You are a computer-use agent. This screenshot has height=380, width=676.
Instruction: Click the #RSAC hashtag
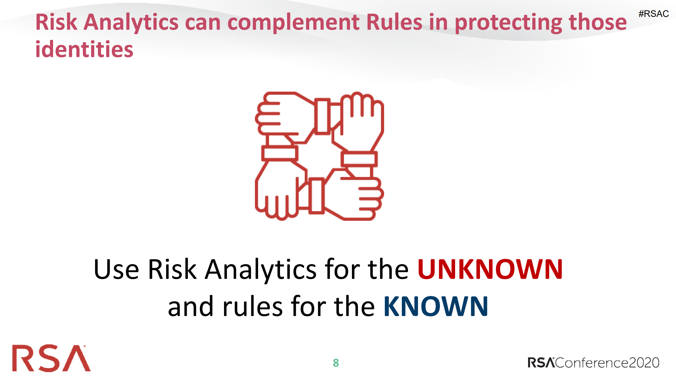pyautogui.click(x=653, y=14)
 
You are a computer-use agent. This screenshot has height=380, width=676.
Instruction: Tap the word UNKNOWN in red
pyautogui.click(x=490, y=269)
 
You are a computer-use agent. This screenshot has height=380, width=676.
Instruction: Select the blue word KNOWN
pyautogui.click(x=436, y=306)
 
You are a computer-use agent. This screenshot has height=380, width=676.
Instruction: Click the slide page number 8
pyautogui.click(x=336, y=363)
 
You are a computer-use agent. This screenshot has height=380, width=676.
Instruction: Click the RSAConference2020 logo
pyautogui.click(x=593, y=363)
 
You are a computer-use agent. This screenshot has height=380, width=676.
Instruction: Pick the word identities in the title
pyautogui.click(x=84, y=49)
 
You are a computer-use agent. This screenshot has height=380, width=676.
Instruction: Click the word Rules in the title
pyautogui.click(x=394, y=22)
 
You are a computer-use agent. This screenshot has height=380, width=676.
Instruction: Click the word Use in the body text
pyautogui.click(x=116, y=269)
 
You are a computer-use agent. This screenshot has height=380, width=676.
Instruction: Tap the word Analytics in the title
pyautogui.click(x=131, y=23)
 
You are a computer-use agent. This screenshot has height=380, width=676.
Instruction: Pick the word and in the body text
pyautogui.click(x=190, y=307)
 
